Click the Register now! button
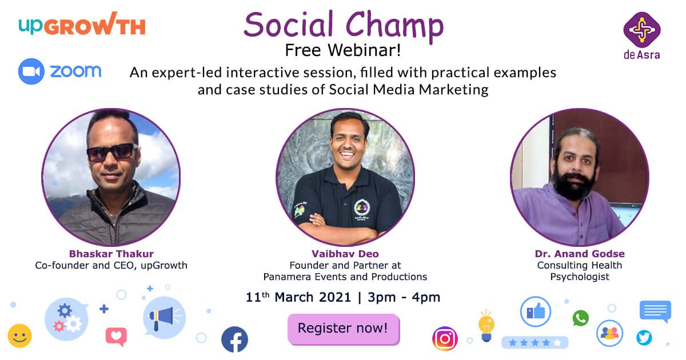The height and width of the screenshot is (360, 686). (344, 329)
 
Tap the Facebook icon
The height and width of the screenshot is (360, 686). (234, 339)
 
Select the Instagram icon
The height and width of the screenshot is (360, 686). (445, 338)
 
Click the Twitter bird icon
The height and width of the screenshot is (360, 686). (644, 338)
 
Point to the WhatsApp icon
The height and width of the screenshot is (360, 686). (581, 318)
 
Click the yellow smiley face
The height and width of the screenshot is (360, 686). (19, 336)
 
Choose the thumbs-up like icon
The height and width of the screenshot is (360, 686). (536, 311)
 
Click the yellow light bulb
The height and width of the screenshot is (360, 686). (486, 326)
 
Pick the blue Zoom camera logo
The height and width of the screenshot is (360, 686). (31, 71)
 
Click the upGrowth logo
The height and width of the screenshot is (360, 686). (82, 25)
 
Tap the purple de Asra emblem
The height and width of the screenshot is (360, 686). (642, 30)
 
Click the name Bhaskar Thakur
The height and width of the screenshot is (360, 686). (111, 254)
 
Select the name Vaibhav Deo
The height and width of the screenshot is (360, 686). (345, 254)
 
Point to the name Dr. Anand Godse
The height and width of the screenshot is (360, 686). (580, 254)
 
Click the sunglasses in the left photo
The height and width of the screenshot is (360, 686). (112, 152)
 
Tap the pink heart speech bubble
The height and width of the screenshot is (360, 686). (116, 337)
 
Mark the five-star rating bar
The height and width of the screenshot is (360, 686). (535, 342)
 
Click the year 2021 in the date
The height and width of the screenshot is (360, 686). (335, 297)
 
